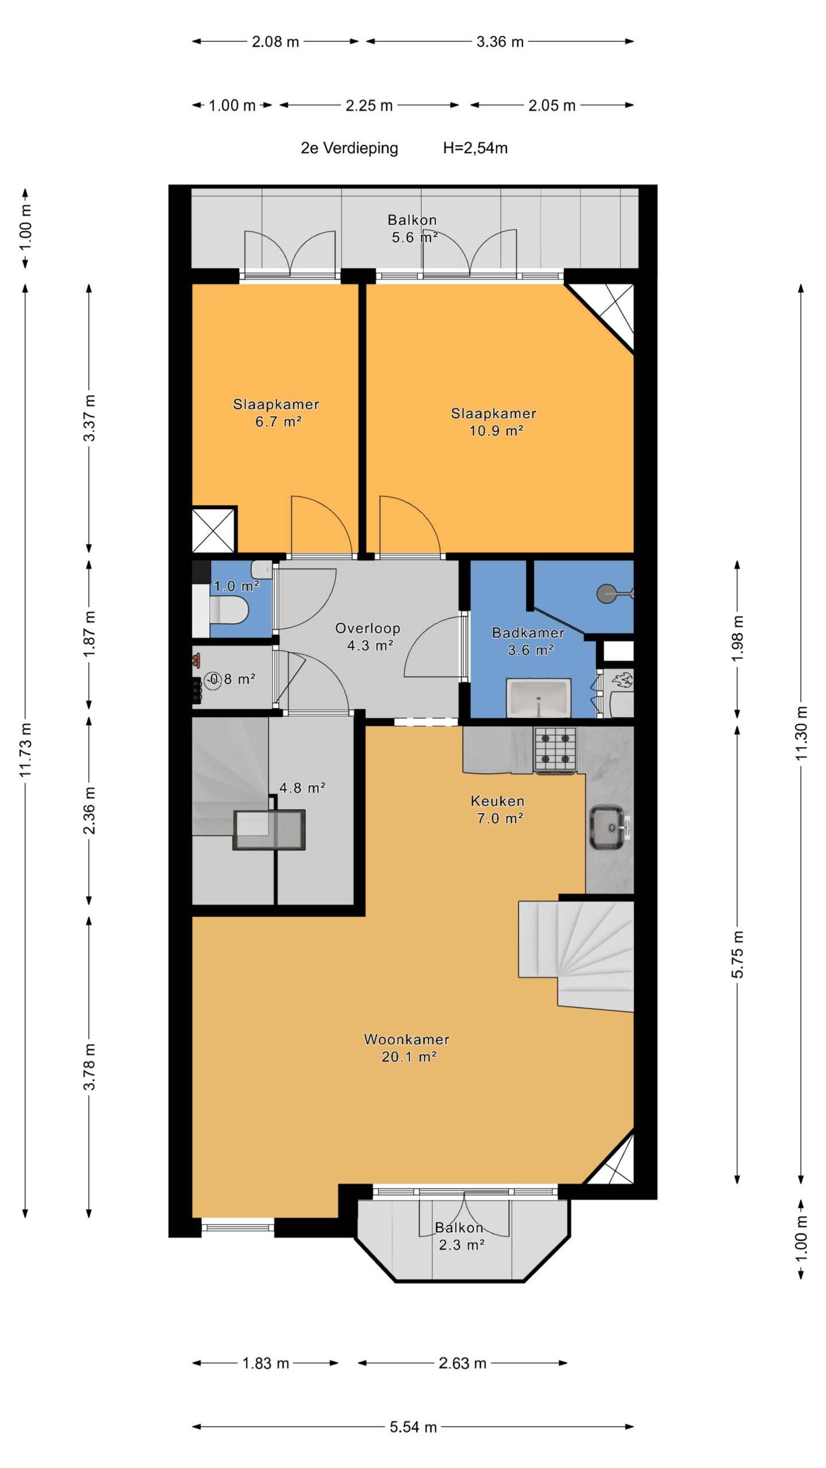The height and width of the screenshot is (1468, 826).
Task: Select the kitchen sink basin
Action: [607, 827]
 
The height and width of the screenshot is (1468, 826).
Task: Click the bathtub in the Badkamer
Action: [539, 697]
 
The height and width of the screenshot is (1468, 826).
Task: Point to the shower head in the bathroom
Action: [606, 593]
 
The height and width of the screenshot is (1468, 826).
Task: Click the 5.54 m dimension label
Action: [413, 1427]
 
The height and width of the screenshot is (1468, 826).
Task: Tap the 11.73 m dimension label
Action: [26, 750]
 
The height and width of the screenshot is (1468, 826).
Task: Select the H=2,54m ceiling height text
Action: [475, 148]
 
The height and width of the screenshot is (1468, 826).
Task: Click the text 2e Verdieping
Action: [349, 148]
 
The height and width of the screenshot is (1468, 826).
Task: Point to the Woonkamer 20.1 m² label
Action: [407, 1048]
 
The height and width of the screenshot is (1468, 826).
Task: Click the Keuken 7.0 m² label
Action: [497, 809]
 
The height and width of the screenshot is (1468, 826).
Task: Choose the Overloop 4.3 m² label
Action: [368, 637]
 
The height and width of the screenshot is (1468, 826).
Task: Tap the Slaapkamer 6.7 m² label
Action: [276, 413]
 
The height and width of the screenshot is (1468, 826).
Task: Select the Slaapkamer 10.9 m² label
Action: [494, 422]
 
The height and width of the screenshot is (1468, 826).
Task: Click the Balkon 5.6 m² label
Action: [412, 228]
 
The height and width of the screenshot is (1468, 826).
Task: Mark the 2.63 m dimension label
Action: [462, 1363]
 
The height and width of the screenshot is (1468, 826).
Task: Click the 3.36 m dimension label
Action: [500, 41]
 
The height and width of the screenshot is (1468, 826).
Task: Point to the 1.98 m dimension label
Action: [738, 638]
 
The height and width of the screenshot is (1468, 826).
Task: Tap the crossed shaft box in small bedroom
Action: [213, 530]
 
